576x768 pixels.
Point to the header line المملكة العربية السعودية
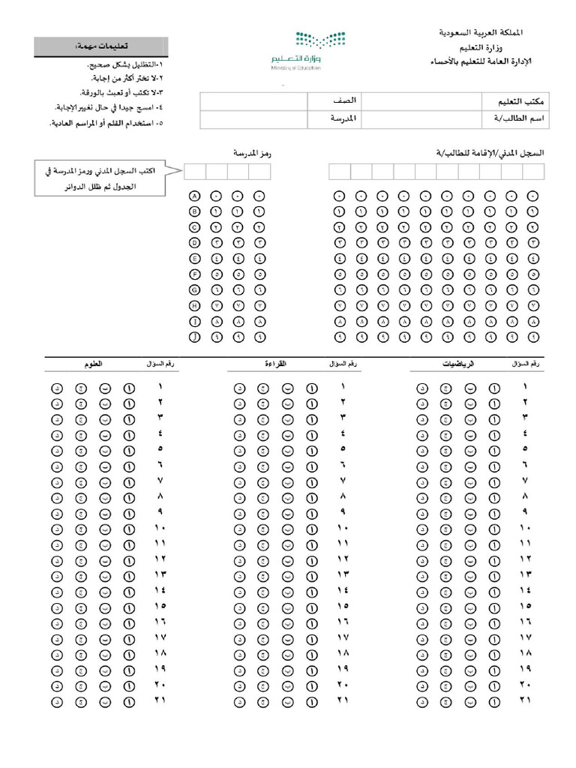coord(481,33)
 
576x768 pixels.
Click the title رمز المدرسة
coord(252,153)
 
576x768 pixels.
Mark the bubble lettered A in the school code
coord(195,196)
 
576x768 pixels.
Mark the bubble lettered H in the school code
coord(195,306)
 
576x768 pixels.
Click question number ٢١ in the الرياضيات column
coord(525,700)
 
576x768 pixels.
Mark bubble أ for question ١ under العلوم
coord(129,388)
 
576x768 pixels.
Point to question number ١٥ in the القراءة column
coord(343,606)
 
